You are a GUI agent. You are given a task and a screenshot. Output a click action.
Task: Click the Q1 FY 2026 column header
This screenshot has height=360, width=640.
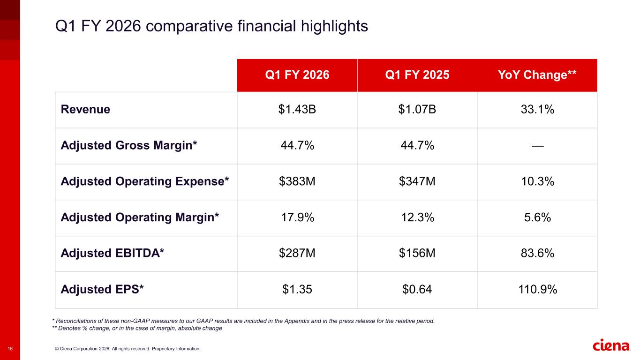point(297,75)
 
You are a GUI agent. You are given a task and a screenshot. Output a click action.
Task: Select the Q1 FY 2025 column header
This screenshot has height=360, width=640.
point(417,75)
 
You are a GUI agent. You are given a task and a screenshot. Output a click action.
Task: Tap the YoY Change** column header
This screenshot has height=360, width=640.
point(537,75)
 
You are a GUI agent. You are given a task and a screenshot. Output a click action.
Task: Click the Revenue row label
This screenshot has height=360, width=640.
point(85,110)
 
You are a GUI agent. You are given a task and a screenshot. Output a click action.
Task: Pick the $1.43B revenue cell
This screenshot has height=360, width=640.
point(297,110)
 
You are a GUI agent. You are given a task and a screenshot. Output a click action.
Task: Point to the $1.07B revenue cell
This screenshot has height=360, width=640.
point(417,110)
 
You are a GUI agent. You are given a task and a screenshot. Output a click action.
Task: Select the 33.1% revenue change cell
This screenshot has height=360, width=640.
point(537,110)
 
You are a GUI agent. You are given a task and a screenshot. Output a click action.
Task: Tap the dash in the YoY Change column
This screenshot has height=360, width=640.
point(537,146)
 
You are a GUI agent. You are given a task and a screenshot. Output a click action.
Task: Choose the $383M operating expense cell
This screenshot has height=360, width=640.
point(297,181)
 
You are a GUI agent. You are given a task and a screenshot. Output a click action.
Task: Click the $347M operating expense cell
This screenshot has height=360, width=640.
point(417,181)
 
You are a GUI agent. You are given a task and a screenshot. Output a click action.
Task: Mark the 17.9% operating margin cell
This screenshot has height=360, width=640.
point(297,217)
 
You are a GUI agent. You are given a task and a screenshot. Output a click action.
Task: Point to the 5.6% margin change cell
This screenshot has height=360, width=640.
point(537,217)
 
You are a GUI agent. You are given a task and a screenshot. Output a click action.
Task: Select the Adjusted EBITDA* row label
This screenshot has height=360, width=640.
point(113,254)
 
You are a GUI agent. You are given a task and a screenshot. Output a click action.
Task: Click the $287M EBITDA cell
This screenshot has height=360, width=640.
point(297,254)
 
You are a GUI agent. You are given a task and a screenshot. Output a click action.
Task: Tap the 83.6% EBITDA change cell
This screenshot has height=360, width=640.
point(537,254)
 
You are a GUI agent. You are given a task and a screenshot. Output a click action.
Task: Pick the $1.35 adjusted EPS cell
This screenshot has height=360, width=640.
point(297,290)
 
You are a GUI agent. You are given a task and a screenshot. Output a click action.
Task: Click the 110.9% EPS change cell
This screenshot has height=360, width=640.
point(537,290)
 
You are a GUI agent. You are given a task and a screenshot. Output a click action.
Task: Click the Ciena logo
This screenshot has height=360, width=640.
point(611,345)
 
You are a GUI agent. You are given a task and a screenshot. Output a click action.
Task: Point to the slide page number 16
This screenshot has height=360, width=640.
point(10,349)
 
